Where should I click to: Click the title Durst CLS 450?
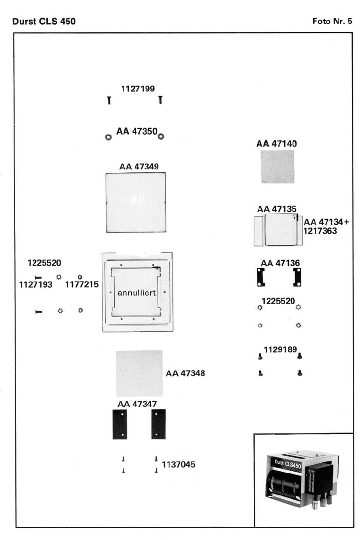coord(43,21)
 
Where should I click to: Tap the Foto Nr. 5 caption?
coord(333,21)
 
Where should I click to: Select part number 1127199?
coord(138,89)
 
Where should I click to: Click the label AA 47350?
coord(137,132)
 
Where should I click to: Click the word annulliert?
coord(136,293)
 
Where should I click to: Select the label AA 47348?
coord(185,373)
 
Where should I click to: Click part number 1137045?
coord(179,465)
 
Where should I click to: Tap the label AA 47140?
coord(277,144)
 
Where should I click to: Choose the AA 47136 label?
coord(280,263)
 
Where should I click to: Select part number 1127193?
coord(36,285)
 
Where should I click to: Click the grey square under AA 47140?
coord(278,167)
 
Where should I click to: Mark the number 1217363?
coord(321,231)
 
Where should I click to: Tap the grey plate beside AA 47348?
coord(139,373)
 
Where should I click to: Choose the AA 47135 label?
coord(277,209)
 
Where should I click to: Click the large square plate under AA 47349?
coord(136,203)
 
